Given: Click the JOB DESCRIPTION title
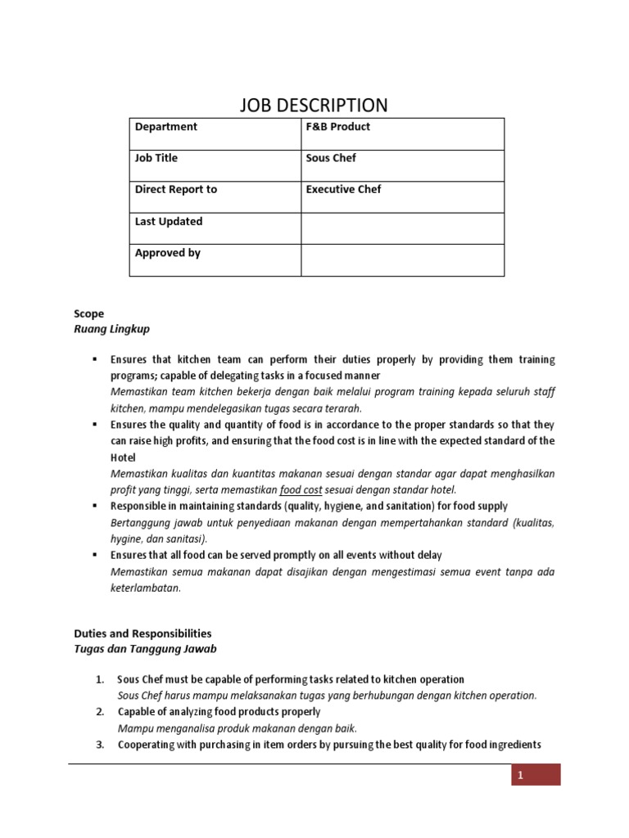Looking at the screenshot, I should [314, 106].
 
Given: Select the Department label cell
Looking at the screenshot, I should [165, 127].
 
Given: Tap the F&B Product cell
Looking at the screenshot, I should [337, 127].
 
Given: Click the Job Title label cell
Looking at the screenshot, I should [156, 158].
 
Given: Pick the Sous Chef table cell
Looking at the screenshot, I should [331, 158].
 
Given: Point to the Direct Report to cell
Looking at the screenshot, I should [175, 189].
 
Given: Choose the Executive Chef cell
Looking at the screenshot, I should [343, 189].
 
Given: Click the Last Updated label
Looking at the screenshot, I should [168, 221].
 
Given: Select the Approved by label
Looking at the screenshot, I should [167, 253].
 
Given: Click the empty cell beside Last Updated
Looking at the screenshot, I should [402, 228].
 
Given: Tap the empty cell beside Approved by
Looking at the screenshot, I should [402, 260].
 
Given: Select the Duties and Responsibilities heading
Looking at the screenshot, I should [143, 633].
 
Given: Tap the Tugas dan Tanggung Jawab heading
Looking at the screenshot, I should [145, 649].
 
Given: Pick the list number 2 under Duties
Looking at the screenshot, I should [99, 712].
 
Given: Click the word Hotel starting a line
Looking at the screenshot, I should [123, 457].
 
